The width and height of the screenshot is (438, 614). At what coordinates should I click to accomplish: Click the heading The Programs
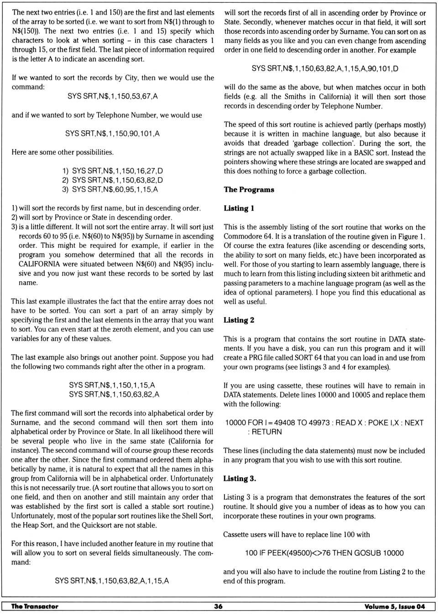pos(249,189)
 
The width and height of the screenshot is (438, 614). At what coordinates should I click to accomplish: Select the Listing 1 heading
pos(239,208)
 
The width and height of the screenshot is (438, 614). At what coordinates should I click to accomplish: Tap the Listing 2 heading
pos(239,320)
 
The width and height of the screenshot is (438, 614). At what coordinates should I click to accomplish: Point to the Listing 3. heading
pos(240,478)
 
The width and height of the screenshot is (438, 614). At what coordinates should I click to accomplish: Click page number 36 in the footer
pos(218,606)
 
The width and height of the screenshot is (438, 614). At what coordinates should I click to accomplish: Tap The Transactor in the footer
pos(35,606)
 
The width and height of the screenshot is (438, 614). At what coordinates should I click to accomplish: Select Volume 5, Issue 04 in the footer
pos(394,606)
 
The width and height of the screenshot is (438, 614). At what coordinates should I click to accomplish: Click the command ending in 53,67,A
pos(112,96)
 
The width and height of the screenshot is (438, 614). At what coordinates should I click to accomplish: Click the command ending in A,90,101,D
pos(325,68)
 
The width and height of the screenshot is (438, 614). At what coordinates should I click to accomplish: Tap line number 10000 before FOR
pos(236,423)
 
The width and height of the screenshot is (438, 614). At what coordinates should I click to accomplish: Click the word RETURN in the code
pos(267,432)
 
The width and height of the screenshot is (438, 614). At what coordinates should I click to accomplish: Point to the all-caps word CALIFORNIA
pos(39,264)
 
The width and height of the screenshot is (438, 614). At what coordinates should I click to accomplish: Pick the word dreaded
pos(276,143)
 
